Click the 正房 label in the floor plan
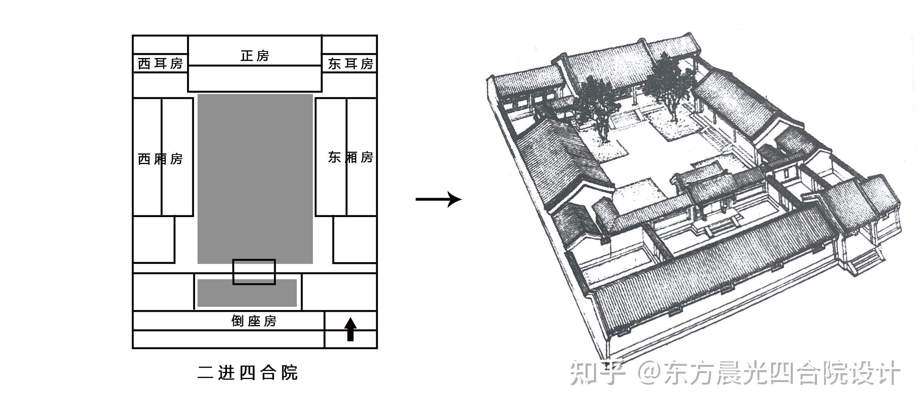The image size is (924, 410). click(255, 56)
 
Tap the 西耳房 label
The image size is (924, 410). click(160, 64)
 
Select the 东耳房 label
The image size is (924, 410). click(350, 64)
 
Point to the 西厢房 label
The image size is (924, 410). click(160, 159)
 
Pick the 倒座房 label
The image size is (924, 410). click(254, 321)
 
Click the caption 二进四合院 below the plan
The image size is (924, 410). click(248, 373)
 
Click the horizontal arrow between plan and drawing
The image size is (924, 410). click(438, 199)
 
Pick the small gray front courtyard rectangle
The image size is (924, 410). click(247, 293)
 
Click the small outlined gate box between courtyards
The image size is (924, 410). click(254, 272)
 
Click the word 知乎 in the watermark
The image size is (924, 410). click(597, 373)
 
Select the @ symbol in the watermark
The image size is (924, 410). click(650, 373)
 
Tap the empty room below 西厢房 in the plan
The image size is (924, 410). click(153, 240)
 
